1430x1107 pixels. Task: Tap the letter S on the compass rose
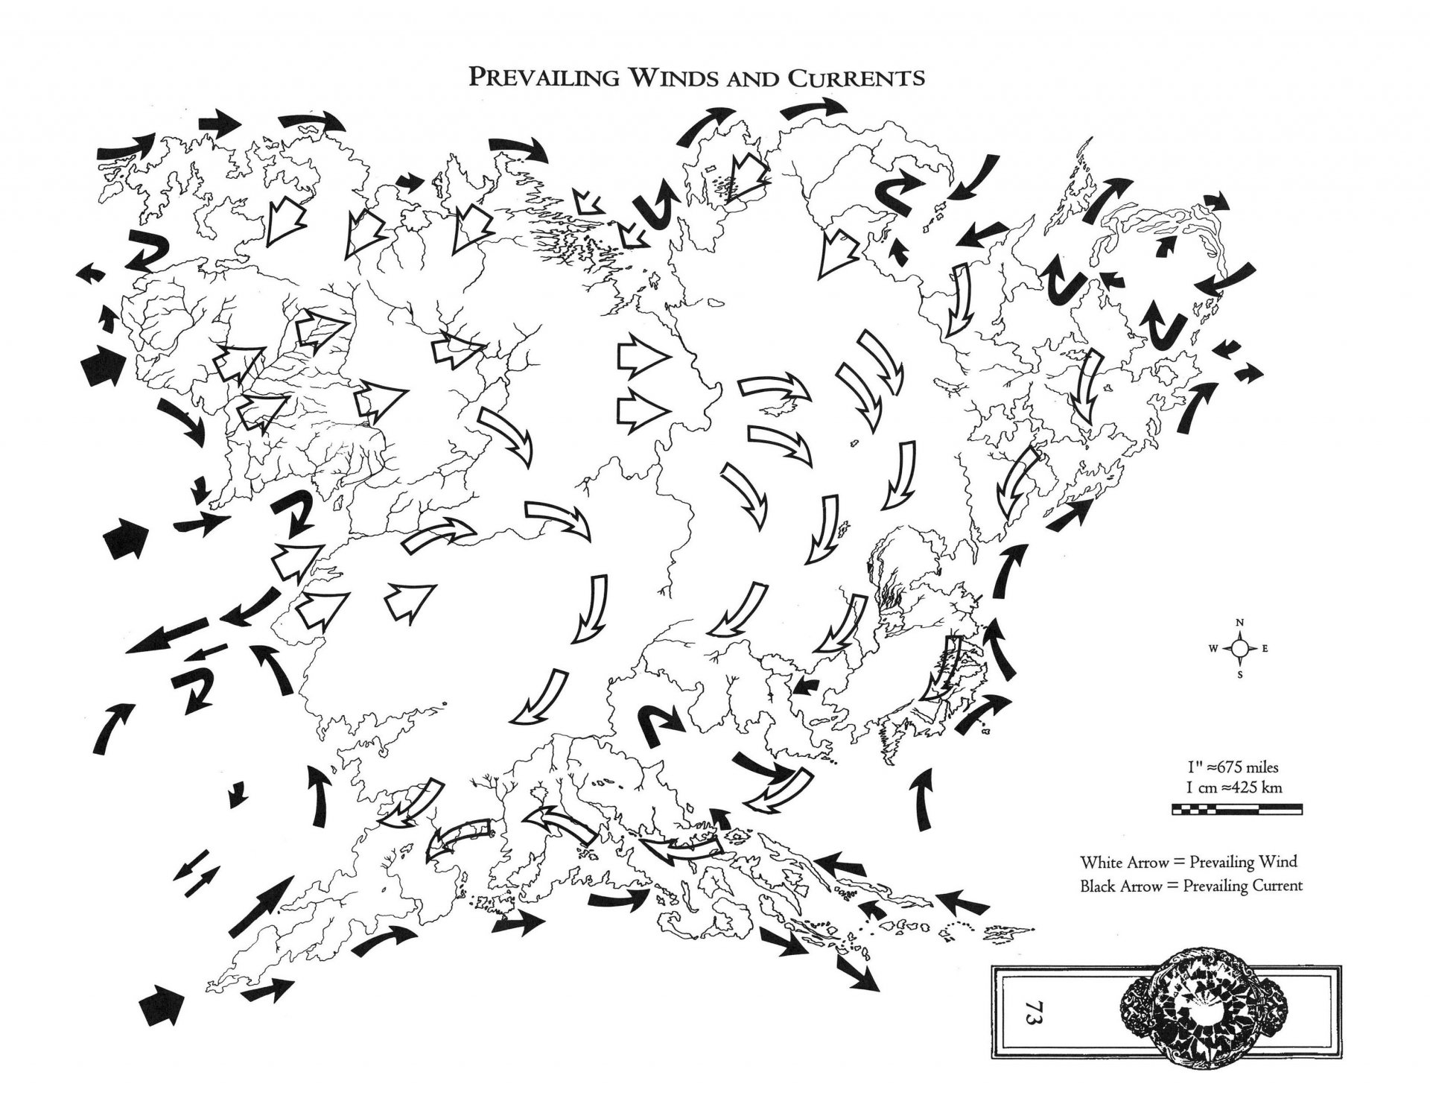pos(1239,676)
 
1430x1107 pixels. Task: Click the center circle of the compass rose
pos(1239,649)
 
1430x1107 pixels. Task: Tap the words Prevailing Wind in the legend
pos(1242,863)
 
